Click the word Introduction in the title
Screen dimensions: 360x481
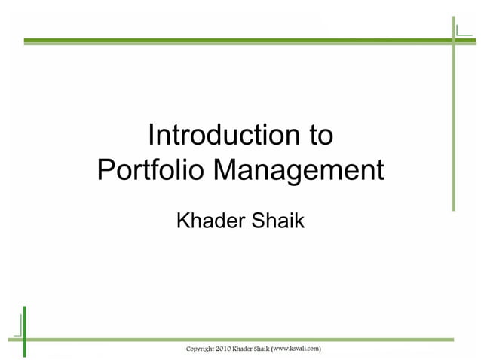pyautogui.click(x=214, y=135)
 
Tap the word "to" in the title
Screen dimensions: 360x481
pyautogui.click(x=318, y=135)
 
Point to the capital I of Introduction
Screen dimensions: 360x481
pyautogui.click(x=152, y=135)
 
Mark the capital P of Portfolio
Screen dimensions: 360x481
pyautogui.click(x=106, y=169)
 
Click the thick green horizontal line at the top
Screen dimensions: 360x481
pyautogui.click(x=226, y=39)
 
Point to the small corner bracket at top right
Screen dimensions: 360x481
pyautogui.click(x=460, y=30)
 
